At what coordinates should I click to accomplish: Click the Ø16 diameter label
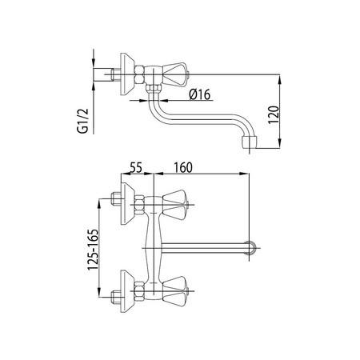pos(200,94)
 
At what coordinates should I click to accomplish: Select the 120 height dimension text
pos(274,114)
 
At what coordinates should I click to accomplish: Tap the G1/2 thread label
pos(82,121)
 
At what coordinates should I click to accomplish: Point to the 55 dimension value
pos(136,167)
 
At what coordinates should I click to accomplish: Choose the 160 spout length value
pos(183,167)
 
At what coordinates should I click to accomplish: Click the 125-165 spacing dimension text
pos(94,250)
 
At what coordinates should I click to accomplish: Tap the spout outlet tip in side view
pos(250,142)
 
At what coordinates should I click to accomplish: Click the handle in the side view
pos(174,74)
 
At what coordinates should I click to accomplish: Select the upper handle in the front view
pos(174,205)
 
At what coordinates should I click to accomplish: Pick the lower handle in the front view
pos(174,291)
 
